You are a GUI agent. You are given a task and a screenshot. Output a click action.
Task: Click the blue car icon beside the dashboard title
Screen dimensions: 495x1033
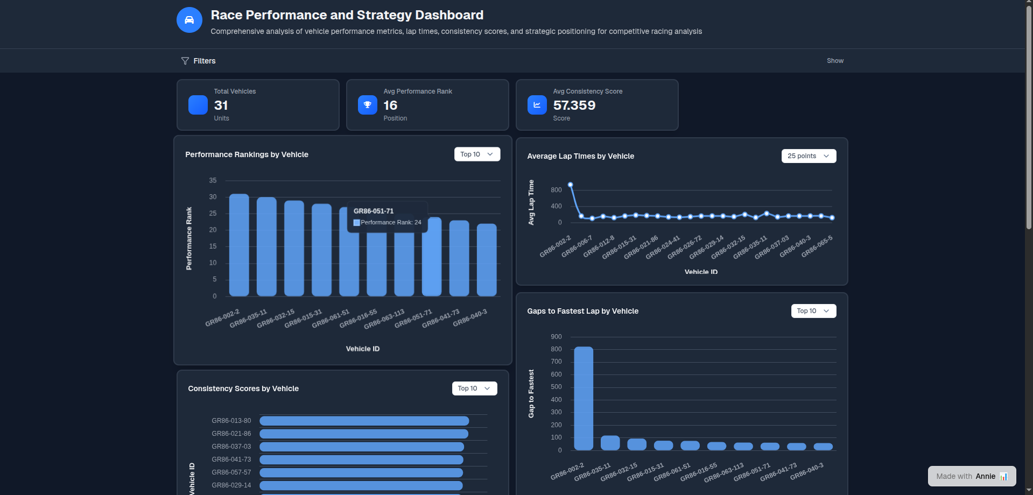coord(189,20)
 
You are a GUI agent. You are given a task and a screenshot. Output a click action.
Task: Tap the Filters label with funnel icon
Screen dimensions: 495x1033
coord(199,61)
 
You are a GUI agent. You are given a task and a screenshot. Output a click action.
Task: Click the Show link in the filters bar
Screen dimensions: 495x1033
coord(835,61)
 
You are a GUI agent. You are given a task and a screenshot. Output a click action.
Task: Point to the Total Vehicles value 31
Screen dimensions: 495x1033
coord(221,105)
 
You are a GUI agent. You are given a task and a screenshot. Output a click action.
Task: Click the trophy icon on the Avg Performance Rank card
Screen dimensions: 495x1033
coord(368,105)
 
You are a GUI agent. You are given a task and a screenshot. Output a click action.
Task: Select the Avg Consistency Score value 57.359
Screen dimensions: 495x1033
coord(574,105)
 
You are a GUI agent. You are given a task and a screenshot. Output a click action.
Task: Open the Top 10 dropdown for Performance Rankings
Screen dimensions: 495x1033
coord(477,154)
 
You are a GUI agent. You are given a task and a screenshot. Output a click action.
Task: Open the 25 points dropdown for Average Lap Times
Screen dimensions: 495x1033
coord(809,156)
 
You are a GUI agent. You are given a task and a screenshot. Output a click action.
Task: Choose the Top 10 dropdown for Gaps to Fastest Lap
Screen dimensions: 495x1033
coord(813,311)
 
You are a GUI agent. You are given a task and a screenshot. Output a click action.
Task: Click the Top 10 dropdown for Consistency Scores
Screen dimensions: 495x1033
coord(474,388)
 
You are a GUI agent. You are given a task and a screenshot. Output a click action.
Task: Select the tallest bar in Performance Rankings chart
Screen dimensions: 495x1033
coord(239,245)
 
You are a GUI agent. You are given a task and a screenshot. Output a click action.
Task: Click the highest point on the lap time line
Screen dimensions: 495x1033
coord(571,185)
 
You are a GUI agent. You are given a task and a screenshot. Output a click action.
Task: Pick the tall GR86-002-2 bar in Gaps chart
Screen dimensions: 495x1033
coord(584,398)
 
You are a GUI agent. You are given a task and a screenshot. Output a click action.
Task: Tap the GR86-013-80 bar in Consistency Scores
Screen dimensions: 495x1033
coord(364,421)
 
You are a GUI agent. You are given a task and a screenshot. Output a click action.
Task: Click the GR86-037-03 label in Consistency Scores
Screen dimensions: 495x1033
coord(231,447)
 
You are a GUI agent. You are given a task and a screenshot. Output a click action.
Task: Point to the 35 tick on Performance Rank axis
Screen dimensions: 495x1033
coord(213,181)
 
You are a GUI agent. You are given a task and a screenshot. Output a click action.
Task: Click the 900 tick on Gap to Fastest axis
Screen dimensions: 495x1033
coord(556,337)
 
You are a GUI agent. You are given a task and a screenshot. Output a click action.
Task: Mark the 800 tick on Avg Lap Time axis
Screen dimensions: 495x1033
coord(556,190)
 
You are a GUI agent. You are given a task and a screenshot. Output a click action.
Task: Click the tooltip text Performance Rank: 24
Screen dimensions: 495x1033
coord(391,222)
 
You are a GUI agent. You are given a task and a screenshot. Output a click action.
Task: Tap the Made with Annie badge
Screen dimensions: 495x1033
coord(972,476)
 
